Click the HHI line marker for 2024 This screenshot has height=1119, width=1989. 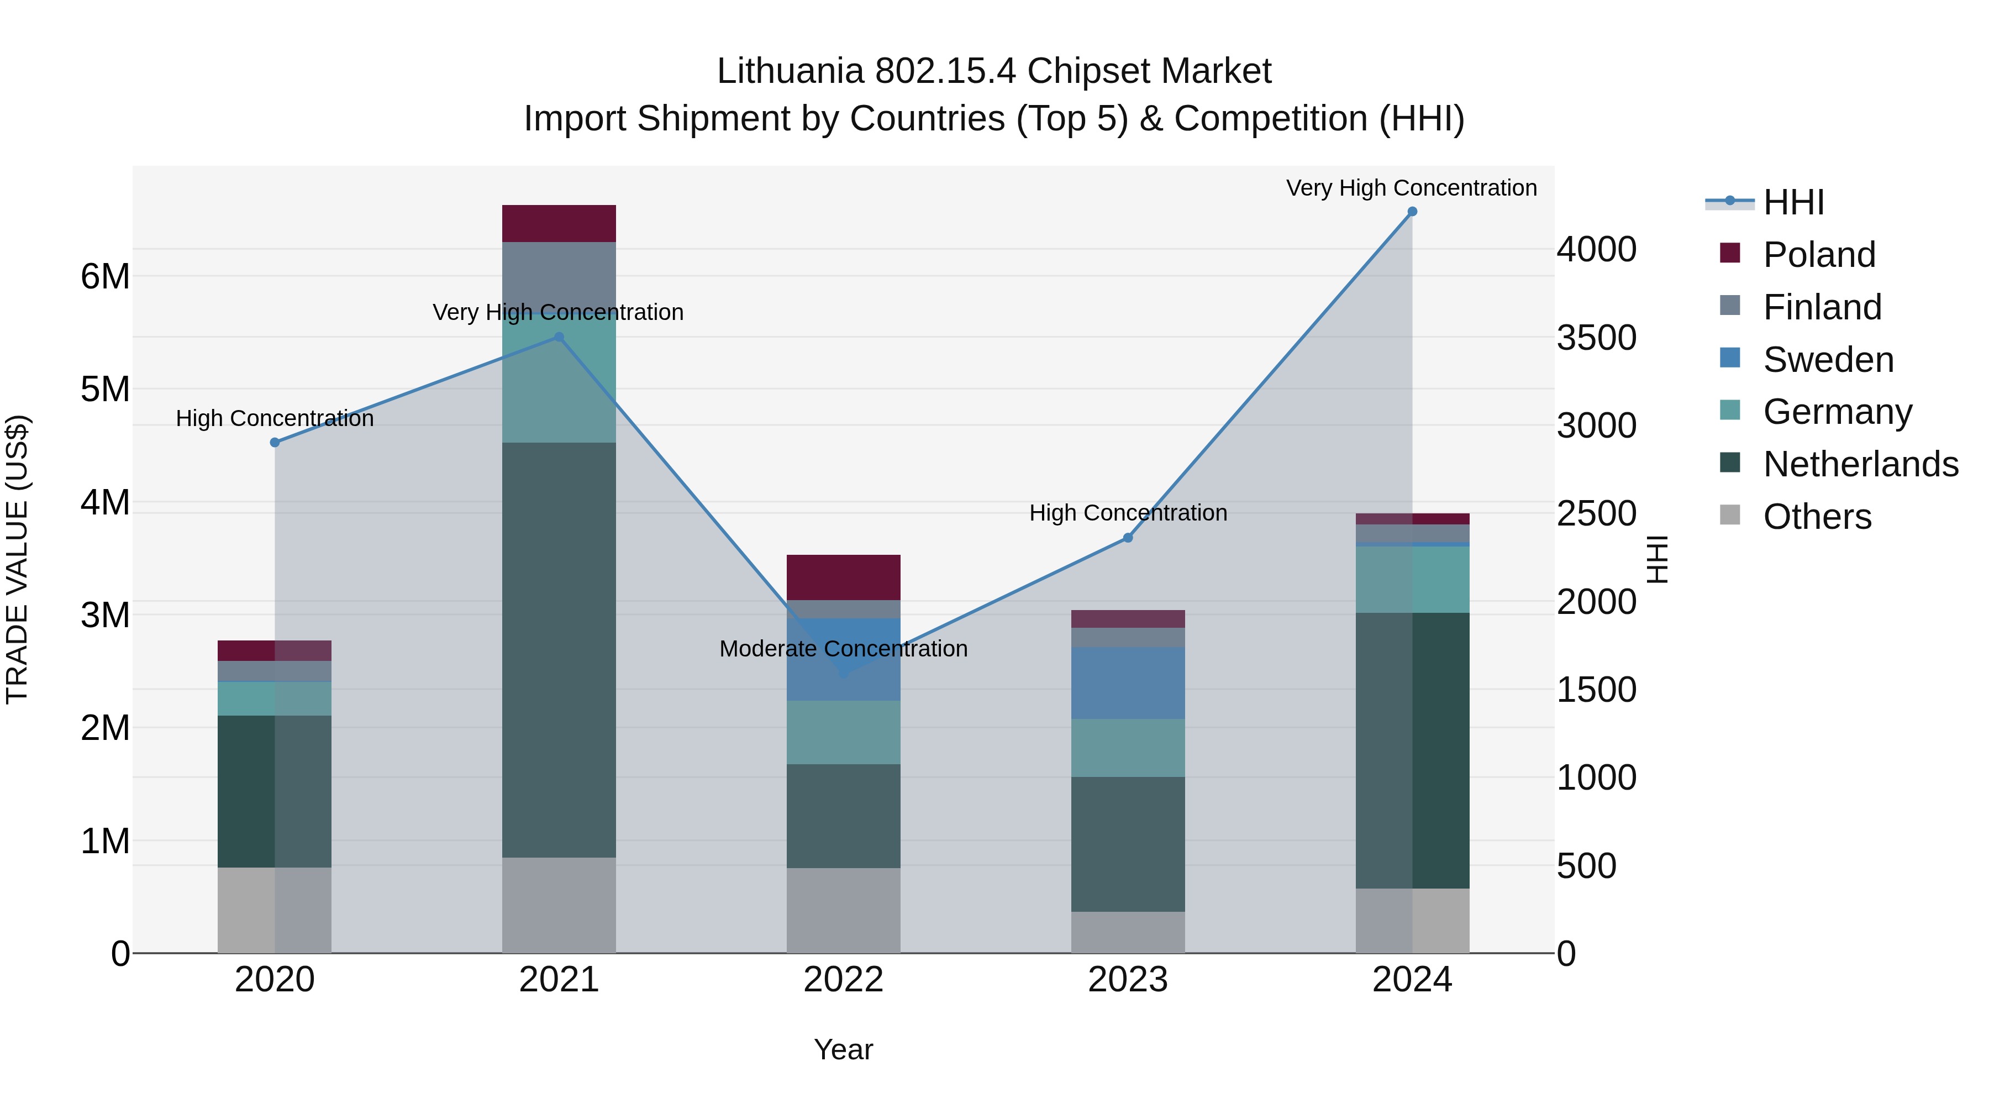1412,212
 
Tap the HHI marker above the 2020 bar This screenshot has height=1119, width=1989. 275,443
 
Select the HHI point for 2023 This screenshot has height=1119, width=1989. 1128,538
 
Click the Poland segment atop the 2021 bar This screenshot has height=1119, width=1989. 559,224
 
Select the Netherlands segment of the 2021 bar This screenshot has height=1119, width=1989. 559,649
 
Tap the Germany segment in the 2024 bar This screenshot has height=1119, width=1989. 1412,579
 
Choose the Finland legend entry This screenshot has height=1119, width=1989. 1822,307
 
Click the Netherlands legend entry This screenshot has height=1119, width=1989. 1860,464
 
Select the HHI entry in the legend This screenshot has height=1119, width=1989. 1793,202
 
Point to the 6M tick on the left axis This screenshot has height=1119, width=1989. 106,276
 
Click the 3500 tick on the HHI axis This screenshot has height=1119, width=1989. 1596,338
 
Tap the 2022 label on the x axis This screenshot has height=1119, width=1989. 843,980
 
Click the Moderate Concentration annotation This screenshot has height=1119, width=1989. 843,649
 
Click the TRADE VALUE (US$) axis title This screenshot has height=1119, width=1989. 17,559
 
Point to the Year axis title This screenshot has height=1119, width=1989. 843,1049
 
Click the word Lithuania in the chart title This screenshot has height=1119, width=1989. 790,71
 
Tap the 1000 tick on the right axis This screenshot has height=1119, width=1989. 1596,777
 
